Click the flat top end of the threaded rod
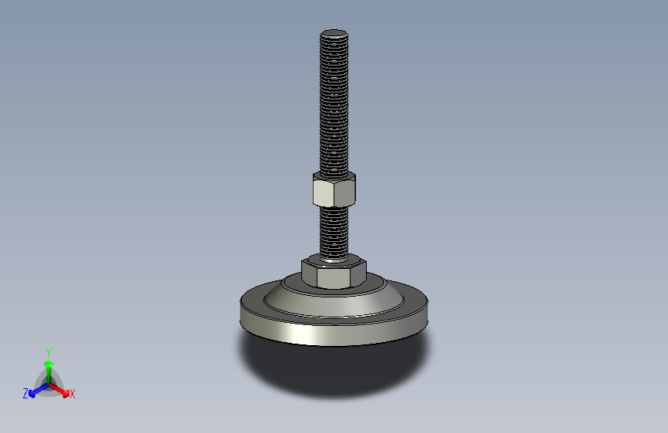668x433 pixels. [334, 34]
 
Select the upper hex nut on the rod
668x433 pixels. [334, 190]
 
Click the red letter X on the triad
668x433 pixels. [72, 394]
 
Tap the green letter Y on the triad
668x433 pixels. [48, 351]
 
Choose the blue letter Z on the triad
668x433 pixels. [25, 394]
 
